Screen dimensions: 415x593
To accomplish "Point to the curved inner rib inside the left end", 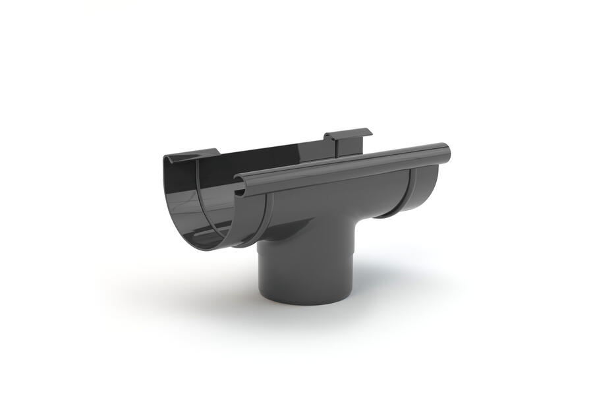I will click(x=198, y=198).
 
